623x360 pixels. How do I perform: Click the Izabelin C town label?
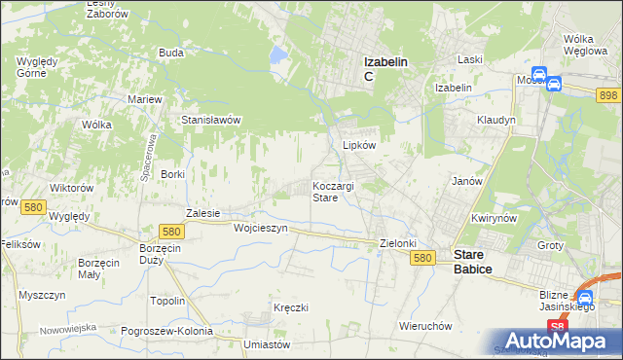(x=385, y=68)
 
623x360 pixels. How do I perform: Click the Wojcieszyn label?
(x=261, y=228)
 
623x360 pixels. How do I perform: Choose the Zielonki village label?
(x=397, y=243)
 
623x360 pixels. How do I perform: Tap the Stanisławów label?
(x=211, y=120)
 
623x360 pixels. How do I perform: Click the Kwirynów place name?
(x=492, y=219)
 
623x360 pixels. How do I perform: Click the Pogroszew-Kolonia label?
(x=166, y=331)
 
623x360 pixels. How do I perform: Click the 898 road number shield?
(x=608, y=93)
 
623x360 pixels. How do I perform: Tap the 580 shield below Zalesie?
(x=172, y=231)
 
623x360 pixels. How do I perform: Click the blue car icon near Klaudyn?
(x=553, y=84)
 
